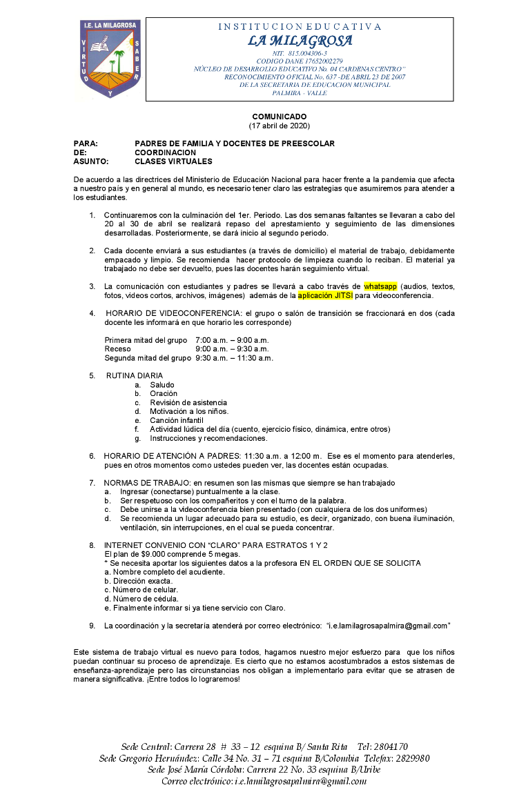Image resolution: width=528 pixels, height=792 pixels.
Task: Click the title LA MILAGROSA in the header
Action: tap(300, 41)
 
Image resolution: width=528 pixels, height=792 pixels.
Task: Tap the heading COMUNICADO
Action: tap(279, 117)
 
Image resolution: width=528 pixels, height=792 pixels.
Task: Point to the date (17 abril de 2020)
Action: tap(279, 126)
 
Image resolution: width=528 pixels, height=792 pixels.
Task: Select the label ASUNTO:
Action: tap(91, 161)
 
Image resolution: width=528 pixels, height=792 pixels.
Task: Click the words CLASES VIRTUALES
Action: tap(173, 161)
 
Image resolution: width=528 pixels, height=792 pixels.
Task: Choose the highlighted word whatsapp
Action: tap(380, 286)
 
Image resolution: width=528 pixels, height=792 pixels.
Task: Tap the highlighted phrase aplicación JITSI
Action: tap(325, 295)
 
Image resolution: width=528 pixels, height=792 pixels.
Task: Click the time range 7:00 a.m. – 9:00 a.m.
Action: tap(232, 340)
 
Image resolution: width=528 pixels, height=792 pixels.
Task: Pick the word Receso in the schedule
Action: tap(117, 349)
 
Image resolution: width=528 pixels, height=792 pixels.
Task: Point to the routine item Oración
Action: tap(164, 393)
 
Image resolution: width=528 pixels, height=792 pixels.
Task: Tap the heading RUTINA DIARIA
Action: tap(135, 375)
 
